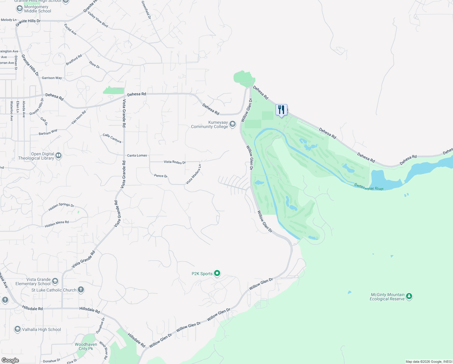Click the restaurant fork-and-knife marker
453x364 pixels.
coord(281,110)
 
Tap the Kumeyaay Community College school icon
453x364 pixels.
coord(233,124)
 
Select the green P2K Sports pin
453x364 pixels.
coord(217,273)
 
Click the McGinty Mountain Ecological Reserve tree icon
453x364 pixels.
coord(409,296)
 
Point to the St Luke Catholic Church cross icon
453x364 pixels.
coord(81,290)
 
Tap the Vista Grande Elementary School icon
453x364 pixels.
coord(55,281)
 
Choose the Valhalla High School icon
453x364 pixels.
coord(18,329)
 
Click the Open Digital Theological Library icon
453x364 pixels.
coord(58,156)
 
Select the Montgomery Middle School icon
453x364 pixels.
coord(19,8)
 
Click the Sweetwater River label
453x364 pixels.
coord(369,187)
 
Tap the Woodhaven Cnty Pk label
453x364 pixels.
coord(86,346)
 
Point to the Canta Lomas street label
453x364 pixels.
coord(137,155)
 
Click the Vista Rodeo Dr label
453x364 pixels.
coord(175,162)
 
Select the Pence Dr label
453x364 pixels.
coord(161,176)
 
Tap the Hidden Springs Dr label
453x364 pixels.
coord(61,207)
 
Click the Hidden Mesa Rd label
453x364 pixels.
coord(57,224)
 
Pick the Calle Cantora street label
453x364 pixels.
coord(112,138)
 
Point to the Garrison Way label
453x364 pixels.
coord(52,78)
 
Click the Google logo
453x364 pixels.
coord(10,360)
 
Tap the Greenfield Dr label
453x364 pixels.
coord(146,10)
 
